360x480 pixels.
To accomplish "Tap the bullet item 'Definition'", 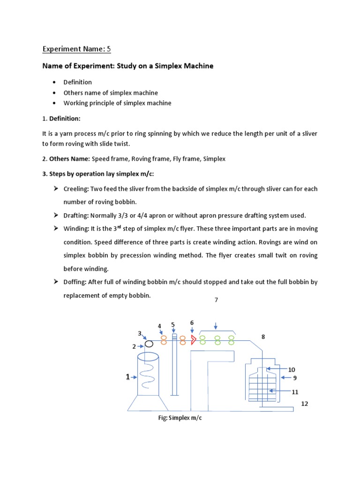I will (x=78, y=82).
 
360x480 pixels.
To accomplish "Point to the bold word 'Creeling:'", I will (x=77, y=189).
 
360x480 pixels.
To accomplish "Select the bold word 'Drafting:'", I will (x=76, y=216).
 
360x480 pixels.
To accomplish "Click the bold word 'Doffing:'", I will (x=75, y=282).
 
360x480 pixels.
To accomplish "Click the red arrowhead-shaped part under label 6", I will (x=193, y=340).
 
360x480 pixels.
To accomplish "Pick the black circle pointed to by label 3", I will (x=149, y=345).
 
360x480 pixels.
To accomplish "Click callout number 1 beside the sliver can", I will (x=127, y=377).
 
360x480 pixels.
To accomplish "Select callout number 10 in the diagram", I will (x=292, y=369).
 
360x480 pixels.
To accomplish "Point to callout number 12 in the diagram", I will (x=305, y=404).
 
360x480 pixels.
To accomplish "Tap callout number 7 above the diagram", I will (x=216, y=300).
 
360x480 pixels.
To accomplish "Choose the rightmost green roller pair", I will (x=231, y=339).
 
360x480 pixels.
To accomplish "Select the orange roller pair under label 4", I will (x=164, y=340).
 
